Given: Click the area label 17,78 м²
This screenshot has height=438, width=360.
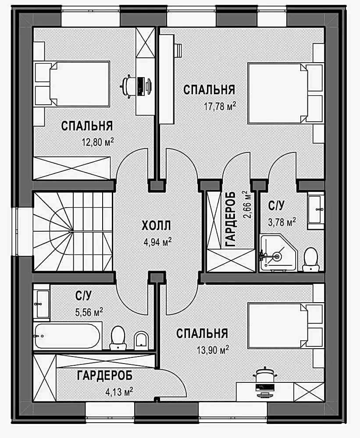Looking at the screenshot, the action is coord(220,106).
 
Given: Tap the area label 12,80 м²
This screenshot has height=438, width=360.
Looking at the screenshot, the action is coord(98,142).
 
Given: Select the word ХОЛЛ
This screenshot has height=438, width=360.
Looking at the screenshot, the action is coord(156,226).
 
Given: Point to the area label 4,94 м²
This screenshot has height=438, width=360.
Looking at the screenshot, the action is coord(157,242).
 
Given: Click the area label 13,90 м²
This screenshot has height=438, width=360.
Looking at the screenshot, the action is coord(213,350).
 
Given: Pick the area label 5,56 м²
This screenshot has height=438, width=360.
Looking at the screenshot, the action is coord(89,312).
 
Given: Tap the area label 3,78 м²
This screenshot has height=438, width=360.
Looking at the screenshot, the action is coord(282,223).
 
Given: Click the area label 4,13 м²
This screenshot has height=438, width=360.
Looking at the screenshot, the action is coord(119,392).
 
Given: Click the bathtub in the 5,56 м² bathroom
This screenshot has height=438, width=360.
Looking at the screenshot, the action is coord(67,336).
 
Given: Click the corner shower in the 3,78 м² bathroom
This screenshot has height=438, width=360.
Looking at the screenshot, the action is coord(278,253).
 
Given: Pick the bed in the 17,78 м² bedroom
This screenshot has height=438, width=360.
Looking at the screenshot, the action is coord(286,94).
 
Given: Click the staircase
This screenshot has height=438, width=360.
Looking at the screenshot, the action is coord(73,231).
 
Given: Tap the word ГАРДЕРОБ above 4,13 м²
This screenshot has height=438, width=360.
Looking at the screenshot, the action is coord(105,376).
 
